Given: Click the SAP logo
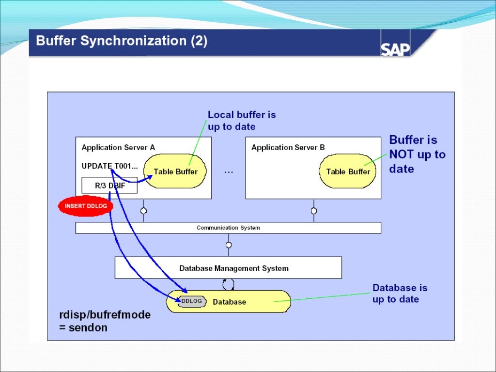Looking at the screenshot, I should click(x=395, y=49).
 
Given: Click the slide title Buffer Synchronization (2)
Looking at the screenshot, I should click(x=122, y=41).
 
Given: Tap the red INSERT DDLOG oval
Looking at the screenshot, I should click(x=86, y=206).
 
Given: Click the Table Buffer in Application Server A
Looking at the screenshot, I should click(x=175, y=171).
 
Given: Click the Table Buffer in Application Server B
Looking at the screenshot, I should click(x=348, y=171).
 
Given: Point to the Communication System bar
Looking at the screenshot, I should click(x=228, y=228).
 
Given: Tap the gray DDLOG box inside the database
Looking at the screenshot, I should click(x=192, y=301).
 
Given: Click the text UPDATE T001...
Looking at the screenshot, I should click(x=109, y=166).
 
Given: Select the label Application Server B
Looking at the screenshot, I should click(x=288, y=147).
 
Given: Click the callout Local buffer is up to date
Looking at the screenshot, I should click(x=241, y=121).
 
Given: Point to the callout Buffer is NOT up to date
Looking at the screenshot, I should click(x=417, y=155).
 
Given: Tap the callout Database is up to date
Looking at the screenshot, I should click(x=400, y=294).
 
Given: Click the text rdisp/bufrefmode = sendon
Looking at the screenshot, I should click(x=104, y=321).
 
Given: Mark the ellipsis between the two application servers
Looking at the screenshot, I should click(x=229, y=172).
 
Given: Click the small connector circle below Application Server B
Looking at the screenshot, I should click(x=314, y=211).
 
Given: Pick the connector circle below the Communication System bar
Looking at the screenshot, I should click(x=229, y=245).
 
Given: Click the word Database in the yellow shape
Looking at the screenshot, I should click(x=230, y=302).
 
